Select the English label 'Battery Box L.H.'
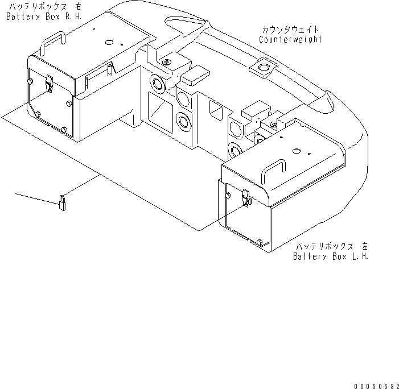click(331, 256)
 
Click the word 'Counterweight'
click(290, 39)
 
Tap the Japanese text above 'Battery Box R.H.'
click(44, 6)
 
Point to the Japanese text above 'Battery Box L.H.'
click(331, 246)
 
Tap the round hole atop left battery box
click(295, 151)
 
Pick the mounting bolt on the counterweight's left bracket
click(166, 61)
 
